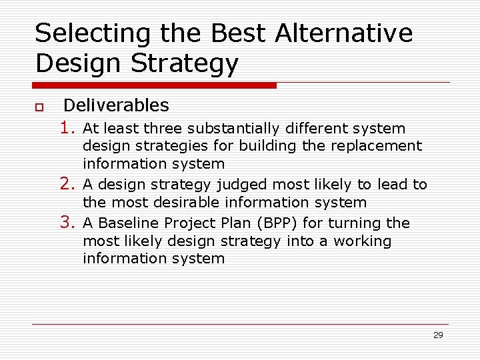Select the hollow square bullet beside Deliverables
(x=39, y=107)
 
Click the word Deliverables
(x=116, y=105)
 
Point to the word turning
(x=355, y=223)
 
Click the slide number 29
(x=438, y=335)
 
